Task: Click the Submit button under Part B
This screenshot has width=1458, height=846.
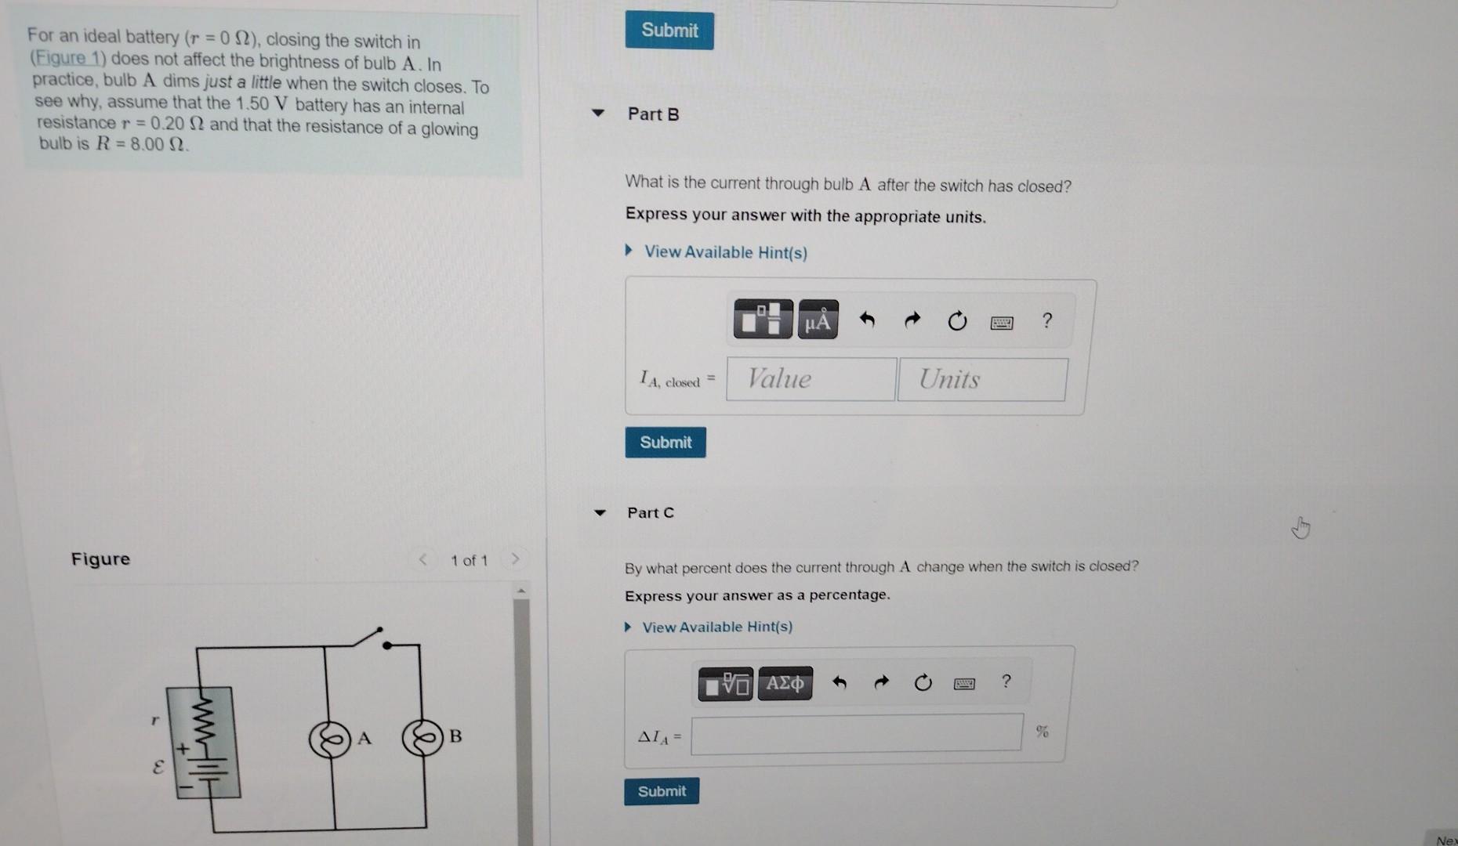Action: (x=665, y=443)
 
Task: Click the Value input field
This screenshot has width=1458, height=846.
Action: (x=811, y=379)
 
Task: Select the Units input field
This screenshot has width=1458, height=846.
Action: (x=981, y=380)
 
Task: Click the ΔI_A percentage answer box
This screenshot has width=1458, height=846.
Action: (x=856, y=733)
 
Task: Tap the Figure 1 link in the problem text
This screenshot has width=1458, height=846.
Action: (x=58, y=59)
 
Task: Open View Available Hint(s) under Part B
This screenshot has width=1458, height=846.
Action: (x=725, y=252)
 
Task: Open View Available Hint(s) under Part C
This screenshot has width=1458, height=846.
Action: (x=716, y=627)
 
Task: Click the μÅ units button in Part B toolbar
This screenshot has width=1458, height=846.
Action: (x=818, y=320)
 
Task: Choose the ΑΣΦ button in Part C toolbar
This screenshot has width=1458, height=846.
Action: (x=785, y=684)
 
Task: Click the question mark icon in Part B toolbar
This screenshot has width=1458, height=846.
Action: (x=1046, y=320)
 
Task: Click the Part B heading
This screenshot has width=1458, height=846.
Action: (x=653, y=114)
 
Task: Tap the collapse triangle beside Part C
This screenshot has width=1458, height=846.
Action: (x=600, y=513)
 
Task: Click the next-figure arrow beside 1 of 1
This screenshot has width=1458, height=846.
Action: (x=515, y=559)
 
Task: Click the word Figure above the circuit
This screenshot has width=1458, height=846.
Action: (x=100, y=559)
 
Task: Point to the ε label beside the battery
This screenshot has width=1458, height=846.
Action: (x=158, y=768)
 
